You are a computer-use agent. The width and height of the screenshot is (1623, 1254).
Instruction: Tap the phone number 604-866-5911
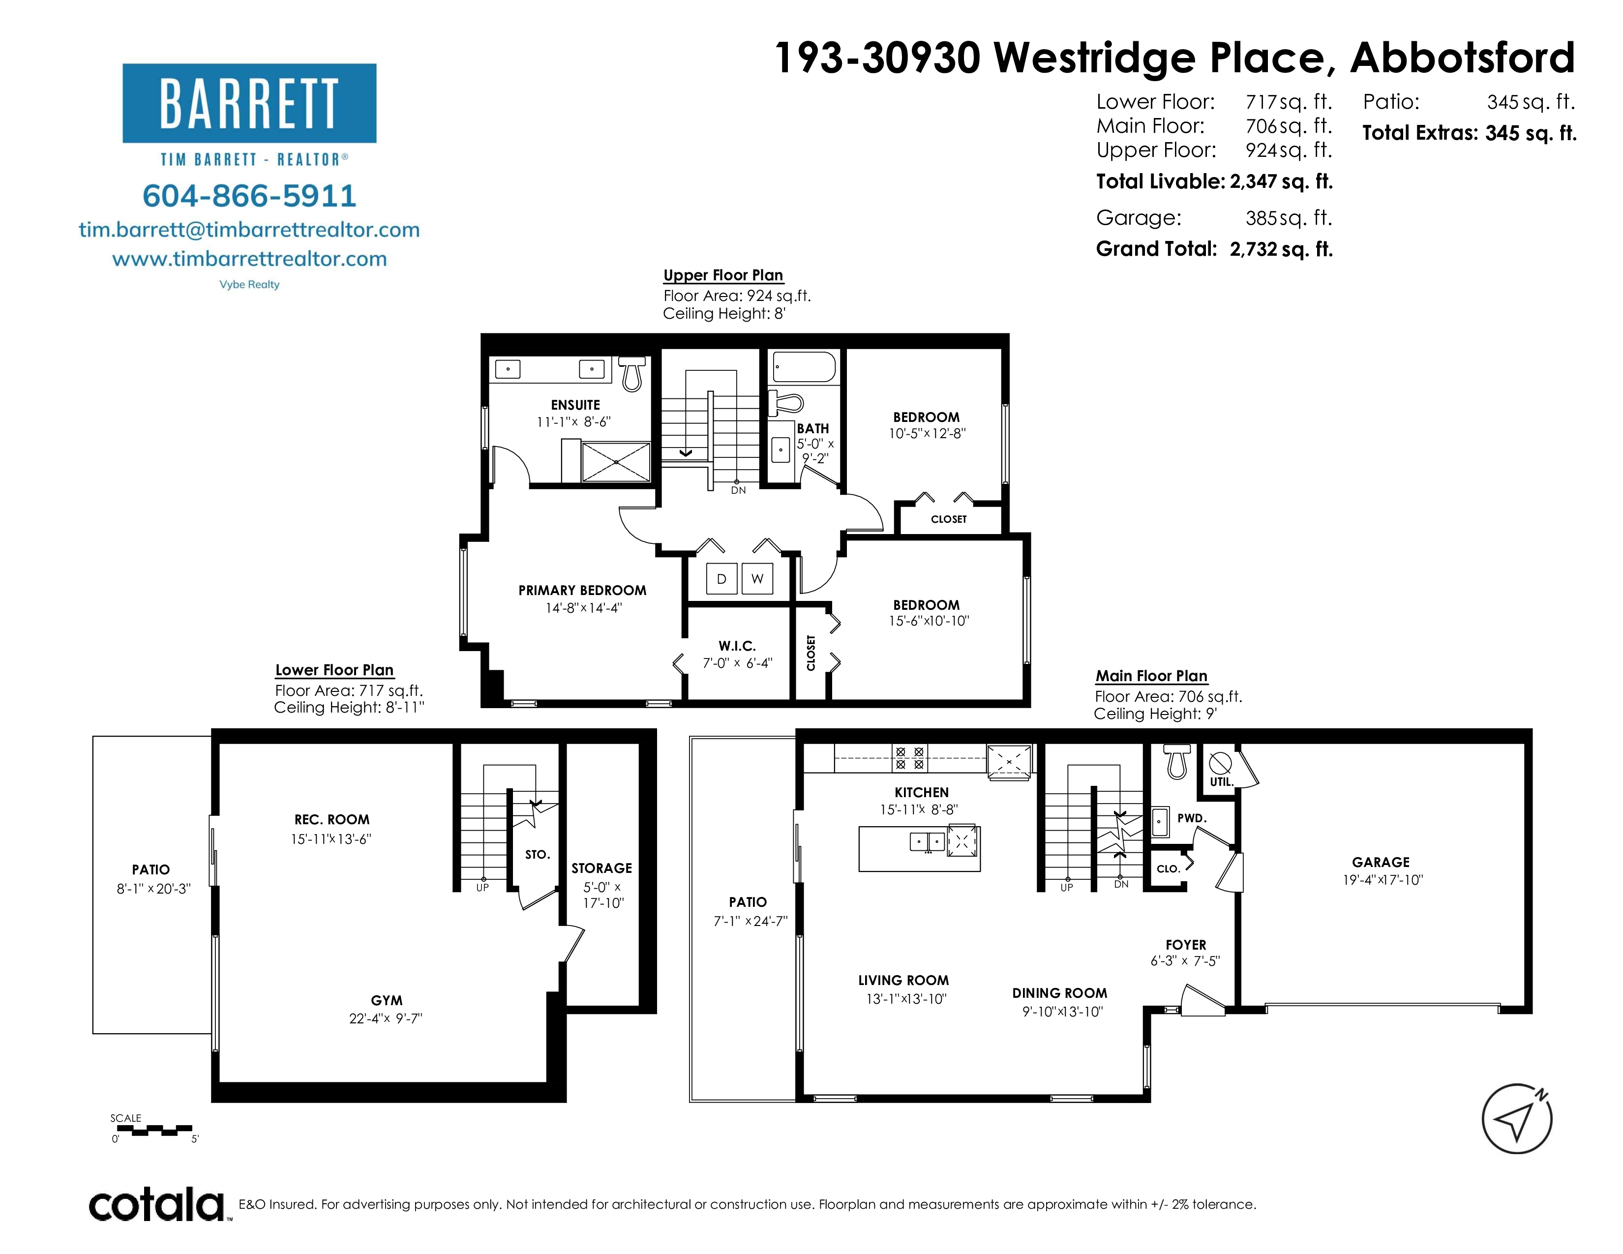click(x=250, y=196)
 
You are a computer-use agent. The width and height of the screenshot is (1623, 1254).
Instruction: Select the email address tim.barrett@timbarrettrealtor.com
click(x=250, y=230)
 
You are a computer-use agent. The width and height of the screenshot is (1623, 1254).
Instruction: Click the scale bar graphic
click(x=154, y=1131)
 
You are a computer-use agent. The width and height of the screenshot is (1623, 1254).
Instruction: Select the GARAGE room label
click(x=1381, y=863)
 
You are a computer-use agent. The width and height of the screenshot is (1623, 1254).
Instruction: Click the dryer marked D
click(x=721, y=579)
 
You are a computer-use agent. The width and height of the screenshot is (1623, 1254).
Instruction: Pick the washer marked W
click(x=757, y=579)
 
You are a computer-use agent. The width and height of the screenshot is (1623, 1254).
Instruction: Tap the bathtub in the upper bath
click(x=804, y=367)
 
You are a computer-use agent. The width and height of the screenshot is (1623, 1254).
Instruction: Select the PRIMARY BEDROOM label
click(x=583, y=591)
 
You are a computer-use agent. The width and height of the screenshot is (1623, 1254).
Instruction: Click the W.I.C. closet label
click(x=737, y=646)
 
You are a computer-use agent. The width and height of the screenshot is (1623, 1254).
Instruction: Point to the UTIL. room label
click(x=1221, y=782)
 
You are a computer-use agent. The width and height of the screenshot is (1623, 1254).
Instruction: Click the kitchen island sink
click(x=928, y=842)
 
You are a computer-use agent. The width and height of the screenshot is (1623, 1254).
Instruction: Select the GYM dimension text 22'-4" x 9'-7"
click(x=386, y=1018)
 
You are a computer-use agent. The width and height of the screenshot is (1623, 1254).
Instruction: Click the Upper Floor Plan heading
click(x=723, y=275)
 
